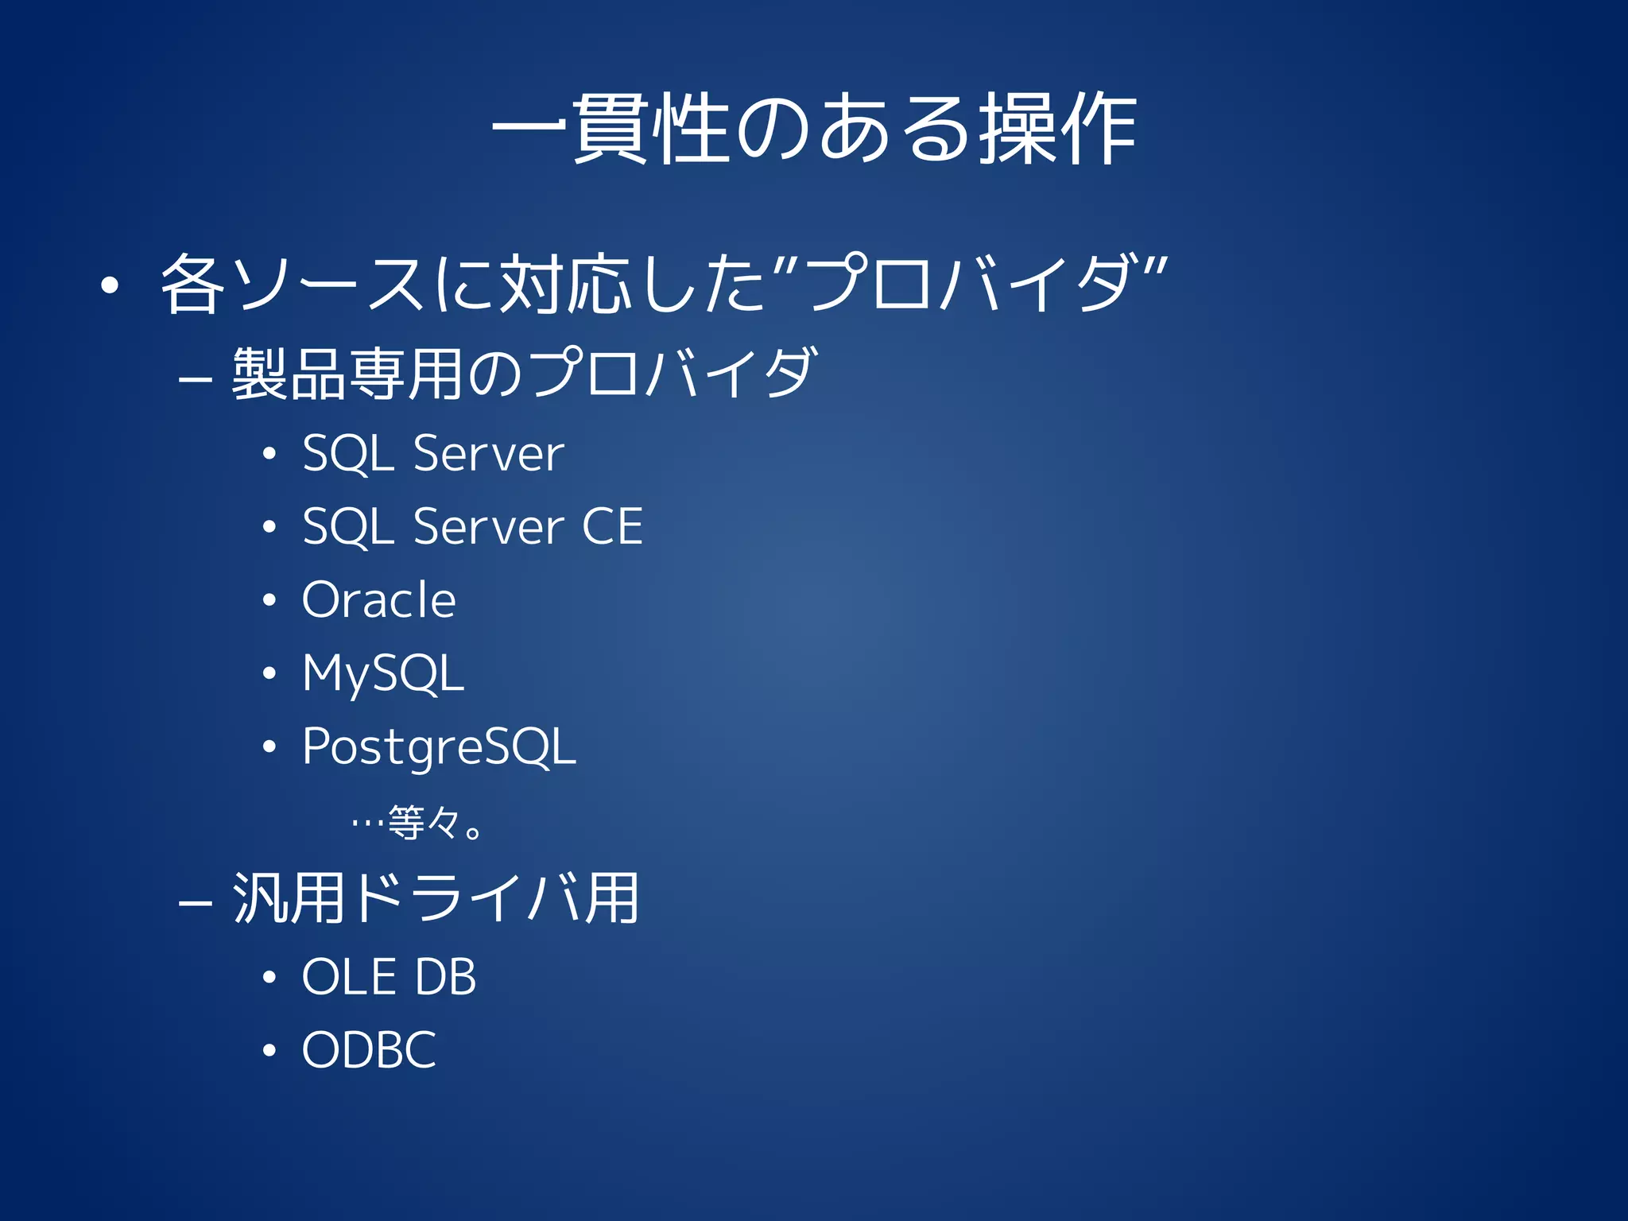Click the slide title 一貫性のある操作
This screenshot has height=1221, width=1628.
point(814,129)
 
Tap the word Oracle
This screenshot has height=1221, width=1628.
point(379,599)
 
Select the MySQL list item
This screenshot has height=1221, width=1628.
point(382,673)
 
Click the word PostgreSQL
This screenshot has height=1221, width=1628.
point(439,746)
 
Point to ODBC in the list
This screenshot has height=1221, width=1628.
point(369,1049)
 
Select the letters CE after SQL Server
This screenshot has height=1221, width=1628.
point(612,526)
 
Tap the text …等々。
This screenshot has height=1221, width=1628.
point(417,823)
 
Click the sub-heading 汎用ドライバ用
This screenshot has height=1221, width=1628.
point(436,898)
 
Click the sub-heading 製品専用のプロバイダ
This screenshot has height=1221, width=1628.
point(524,374)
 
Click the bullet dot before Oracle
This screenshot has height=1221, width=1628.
point(269,601)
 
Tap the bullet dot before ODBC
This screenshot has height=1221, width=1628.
point(269,1051)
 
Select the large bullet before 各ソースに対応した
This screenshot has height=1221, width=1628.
point(110,285)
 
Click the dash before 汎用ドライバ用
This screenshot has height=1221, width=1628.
point(195,904)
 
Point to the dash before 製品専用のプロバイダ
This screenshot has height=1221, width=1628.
point(195,380)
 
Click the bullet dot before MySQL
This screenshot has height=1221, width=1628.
point(269,674)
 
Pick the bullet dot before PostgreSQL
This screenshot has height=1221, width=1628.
point(269,747)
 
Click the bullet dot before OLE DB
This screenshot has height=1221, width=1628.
point(269,978)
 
